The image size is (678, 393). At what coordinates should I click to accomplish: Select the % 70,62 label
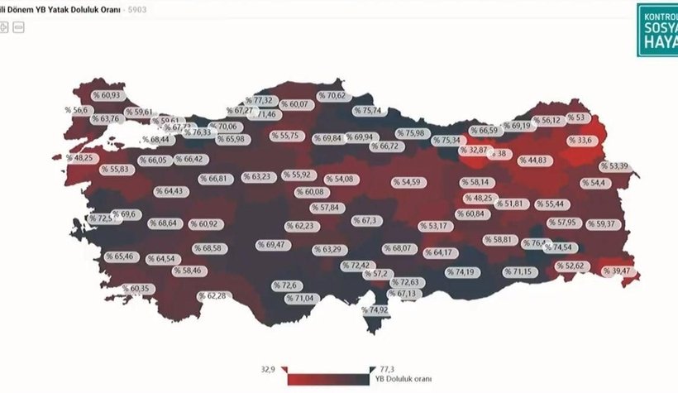pyautogui.click(x=332, y=96)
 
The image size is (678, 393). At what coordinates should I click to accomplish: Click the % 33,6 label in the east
pyautogui.click(x=581, y=141)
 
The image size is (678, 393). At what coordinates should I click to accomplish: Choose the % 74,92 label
pyautogui.click(x=374, y=310)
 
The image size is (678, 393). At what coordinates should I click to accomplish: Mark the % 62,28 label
pyautogui.click(x=212, y=295)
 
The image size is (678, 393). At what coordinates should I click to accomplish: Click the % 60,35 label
pyautogui.click(x=136, y=288)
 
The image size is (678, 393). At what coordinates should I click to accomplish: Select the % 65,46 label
pyautogui.click(x=119, y=256)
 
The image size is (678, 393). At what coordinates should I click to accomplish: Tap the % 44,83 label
pyautogui.click(x=532, y=160)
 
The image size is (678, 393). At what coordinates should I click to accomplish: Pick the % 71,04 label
pyautogui.click(x=302, y=298)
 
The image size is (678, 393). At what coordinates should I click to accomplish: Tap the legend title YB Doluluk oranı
pyautogui.click(x=398, y=379)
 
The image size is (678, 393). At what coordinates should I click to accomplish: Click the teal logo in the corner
pyautogui.click(x=657, y=30)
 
